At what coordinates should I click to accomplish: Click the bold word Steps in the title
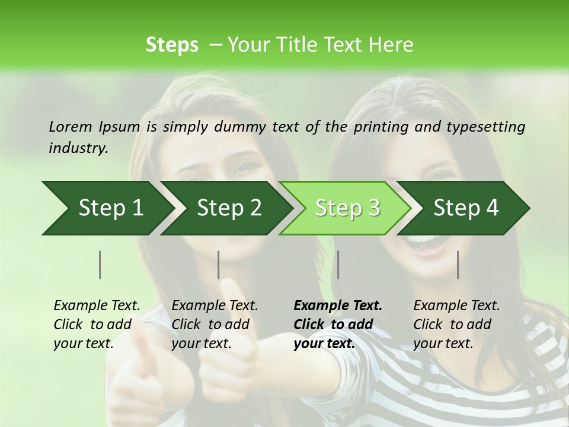click(x=172, y=45)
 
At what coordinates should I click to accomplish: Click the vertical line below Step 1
click(x=100, y=265)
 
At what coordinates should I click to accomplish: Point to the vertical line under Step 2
click(x=219, y=265)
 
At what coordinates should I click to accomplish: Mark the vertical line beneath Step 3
click(x=338, y=265)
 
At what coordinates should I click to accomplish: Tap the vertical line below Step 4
click(x=458, y=265)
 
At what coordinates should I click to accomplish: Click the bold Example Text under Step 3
click(x=338, y=306)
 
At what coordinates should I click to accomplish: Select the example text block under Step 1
click(x=97, y=324)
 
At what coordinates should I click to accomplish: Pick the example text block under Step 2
click(x=215, y=324)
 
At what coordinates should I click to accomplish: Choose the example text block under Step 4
click(x=456, y=324)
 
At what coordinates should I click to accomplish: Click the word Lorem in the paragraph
click(x=71, y=126)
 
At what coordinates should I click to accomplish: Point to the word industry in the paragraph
click(x=78, y=148)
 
